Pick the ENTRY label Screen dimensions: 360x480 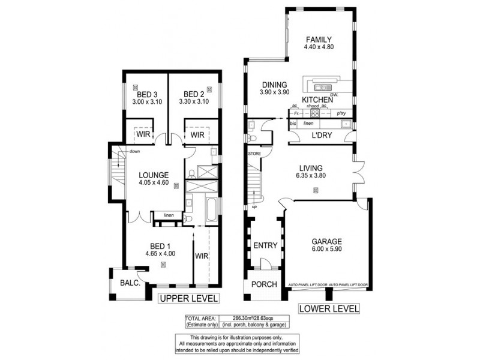pyautogui.click(x=265, y=245)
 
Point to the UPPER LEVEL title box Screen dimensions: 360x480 pyautogui.click(x=188, y=298)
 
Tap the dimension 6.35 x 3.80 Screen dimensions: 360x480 pyautogui.click(x=316, y=177)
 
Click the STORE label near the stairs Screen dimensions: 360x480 pyautogui.click(x=254, y=154)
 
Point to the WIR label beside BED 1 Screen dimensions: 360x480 pyautogui.click(x=201, y=256)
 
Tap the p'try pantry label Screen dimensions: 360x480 pyautogui.click(x=342, y=113)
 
